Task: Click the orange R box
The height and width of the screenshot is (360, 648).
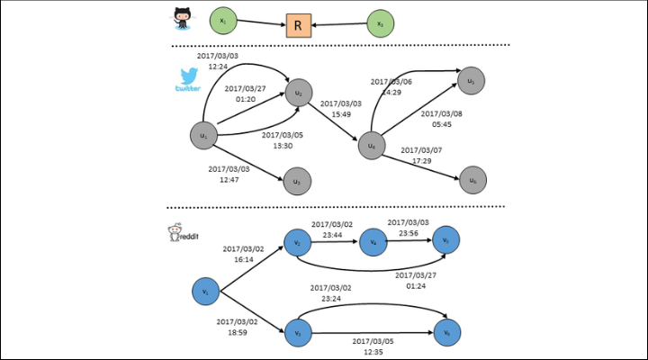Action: pyautogui.click(x=295, y=24)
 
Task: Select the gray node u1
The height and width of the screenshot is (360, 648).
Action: pyautogui.click(x=204, y=136)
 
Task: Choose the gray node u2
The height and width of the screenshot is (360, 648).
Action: pyautogui.click(x=299, y=92)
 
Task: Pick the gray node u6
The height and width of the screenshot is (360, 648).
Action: pyautogui.click(x=473, y=179)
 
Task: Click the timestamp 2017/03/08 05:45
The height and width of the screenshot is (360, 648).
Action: pyautogui.click(x=440, y=120)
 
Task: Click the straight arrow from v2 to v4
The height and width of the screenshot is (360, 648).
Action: pyautogui.click(x=334, y=241)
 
